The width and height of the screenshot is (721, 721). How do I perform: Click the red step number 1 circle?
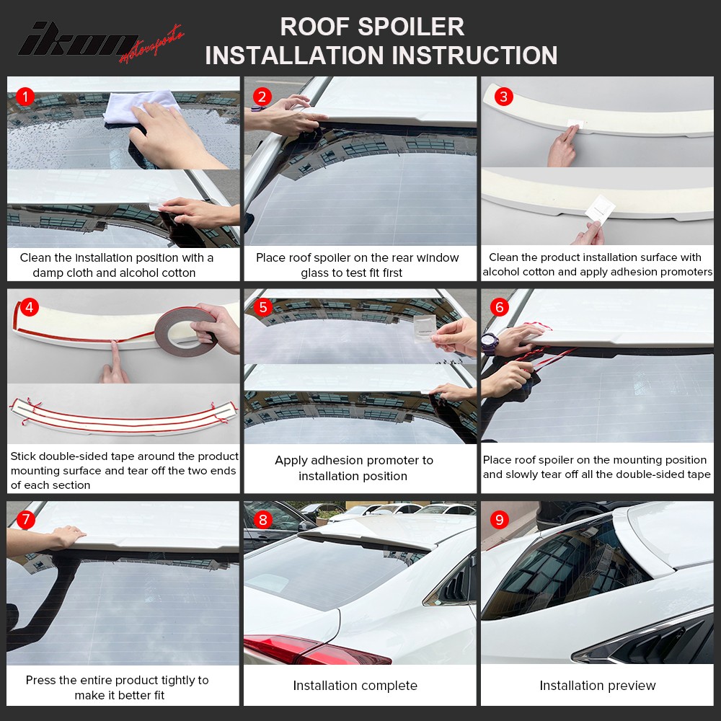(25, 96)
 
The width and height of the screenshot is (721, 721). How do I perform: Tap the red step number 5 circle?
(262, 308)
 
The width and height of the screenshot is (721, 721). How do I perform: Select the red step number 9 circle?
(500, 520)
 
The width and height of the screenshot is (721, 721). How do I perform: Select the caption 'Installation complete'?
(355, 686)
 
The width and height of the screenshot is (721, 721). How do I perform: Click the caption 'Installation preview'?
(598, 686)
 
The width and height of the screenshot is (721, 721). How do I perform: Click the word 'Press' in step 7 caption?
(42, 680)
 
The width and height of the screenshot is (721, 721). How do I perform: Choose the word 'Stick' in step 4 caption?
(23, 456)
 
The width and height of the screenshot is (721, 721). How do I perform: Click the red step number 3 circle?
(503, 96)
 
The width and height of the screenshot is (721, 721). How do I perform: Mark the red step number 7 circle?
(25, 520)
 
